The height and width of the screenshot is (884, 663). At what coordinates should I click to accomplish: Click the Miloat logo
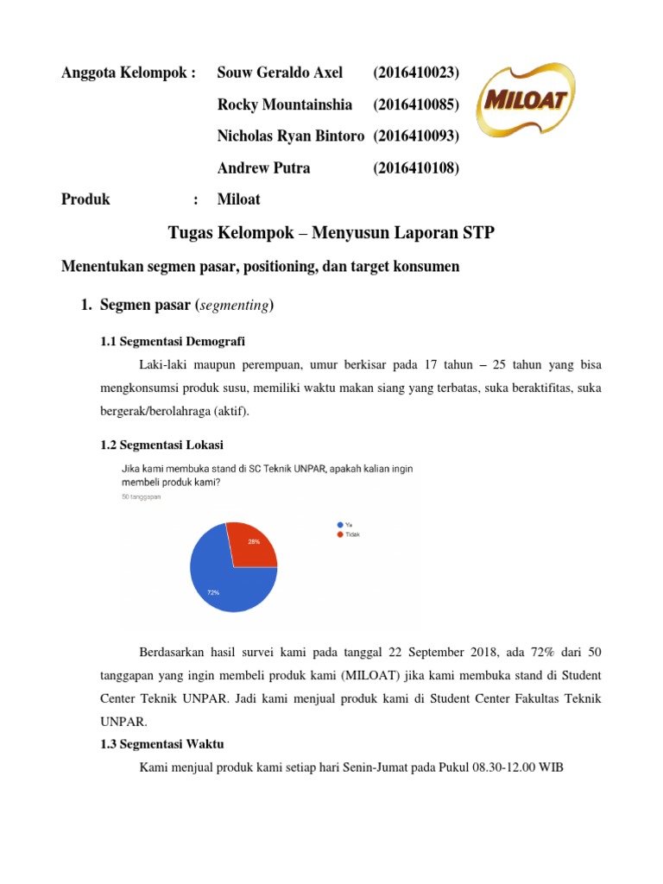click(528, 102)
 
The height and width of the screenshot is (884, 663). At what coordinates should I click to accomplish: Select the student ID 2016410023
click(416, 73)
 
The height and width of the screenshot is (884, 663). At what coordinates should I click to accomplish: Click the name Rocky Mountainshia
click(285, 104)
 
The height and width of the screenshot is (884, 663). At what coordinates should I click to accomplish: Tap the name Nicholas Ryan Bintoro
click(291, 136)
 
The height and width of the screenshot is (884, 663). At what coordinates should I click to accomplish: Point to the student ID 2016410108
click(416, 168)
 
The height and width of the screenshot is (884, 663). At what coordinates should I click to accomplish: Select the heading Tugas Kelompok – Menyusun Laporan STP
click(331, 233)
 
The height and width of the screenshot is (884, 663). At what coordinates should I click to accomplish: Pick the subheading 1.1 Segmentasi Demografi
click(179, 341)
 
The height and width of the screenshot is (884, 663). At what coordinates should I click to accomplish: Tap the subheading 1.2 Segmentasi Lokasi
click(162, 445)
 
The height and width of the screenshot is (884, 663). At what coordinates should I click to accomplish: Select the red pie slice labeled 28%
click(252, 544)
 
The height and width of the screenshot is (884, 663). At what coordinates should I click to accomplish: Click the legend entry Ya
click(345, 524)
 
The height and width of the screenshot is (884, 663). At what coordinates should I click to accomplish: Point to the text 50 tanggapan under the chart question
click(140, 497)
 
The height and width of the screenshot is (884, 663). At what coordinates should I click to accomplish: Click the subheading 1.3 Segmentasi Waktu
click(163, 744)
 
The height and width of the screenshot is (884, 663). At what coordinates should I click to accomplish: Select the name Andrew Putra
click(264, 168)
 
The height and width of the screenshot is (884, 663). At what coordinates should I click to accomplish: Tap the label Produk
click(86, 199)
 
